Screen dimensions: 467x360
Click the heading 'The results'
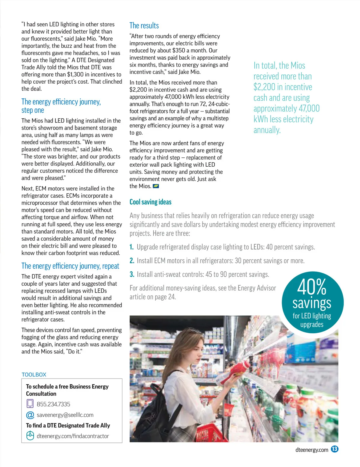point(144,26)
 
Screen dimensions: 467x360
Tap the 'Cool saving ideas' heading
point(150,202)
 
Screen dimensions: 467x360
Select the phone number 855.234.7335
point(53,404)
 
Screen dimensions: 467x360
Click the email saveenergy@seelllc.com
point(65,415)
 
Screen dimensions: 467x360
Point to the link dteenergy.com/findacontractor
point(73,436)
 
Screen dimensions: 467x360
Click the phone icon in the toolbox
point(30,403)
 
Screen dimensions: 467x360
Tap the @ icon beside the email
point(30,415)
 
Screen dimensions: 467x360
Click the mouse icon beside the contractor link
point(30,436)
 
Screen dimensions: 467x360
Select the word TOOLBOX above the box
point(34,374)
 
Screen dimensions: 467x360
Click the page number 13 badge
point(334,449)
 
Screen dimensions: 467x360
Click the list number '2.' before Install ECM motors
point(132,261)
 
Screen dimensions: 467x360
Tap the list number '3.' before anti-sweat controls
point(132,274)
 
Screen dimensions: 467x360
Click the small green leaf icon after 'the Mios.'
point(156,186)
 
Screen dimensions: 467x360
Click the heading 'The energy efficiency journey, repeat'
point(70,266)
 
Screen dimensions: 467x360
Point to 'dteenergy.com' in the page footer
point(312,450)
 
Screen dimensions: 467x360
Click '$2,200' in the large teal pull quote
point(264,87)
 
